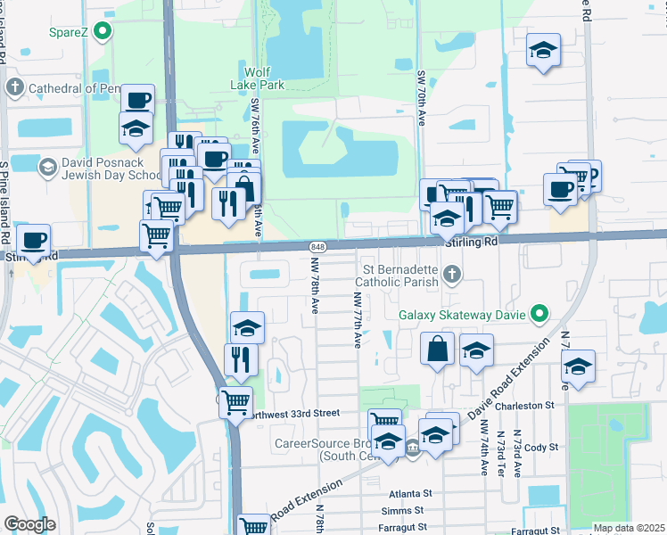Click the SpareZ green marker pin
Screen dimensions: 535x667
pos(103,33)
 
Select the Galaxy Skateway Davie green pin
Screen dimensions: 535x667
pos(539,313)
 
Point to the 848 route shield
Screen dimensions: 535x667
pos(317,246)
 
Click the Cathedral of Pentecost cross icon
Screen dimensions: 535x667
pos(14,88)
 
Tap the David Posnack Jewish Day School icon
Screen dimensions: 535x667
pos(47,167)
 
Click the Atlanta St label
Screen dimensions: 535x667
pos(410,493)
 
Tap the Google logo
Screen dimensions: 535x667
pos(29,523)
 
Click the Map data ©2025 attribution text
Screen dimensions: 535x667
pos(629,528)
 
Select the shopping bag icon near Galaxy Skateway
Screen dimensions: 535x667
pos(438,350)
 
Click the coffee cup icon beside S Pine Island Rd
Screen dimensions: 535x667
pos(33,240)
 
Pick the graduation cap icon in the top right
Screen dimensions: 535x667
pos(542,51)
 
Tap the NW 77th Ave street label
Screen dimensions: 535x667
pos(356,321)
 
